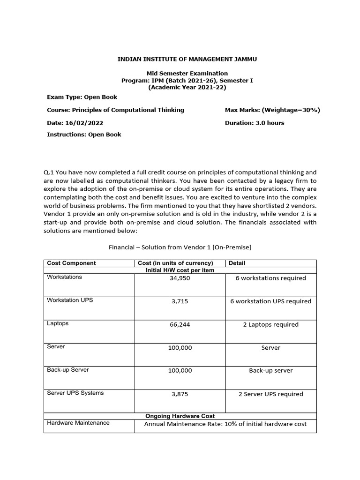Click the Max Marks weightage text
[x=272, y=110]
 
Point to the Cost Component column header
[x=71, y=263]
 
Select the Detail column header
[x=237, y=263]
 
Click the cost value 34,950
[x=180, y=278]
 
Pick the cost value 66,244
[x=180, y=324]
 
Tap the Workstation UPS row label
[x=70, y=300]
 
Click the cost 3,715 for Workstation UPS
[x=180, y=301]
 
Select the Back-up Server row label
[x=68, y=370]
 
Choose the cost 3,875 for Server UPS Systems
[x=180, y=394]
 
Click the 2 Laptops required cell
[x=270, y=324]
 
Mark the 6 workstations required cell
[x=270, y=278]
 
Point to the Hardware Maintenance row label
[x=78, y=423]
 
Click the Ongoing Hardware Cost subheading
[x=180, y=416]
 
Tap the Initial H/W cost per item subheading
[x=180, y=270]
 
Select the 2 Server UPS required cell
[x=270, y=394]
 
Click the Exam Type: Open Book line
[x=82, y=97]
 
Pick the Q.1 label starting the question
[x=49, y=172]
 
